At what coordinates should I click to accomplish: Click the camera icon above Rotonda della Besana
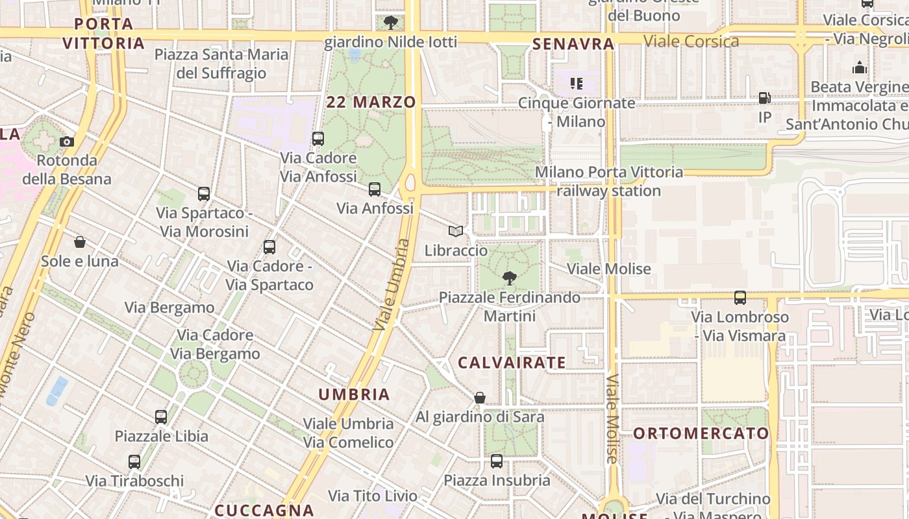[x=66, y=141]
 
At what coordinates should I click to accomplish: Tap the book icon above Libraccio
[x=456, y=231]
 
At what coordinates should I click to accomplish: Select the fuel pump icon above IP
[x=765, y=98]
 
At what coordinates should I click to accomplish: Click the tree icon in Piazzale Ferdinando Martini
[x=510, y=278]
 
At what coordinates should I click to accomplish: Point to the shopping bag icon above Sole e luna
[x=80, y=242]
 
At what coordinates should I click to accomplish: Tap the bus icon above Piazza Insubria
[x=497, y=461]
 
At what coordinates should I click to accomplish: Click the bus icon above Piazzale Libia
[x=161, y=416]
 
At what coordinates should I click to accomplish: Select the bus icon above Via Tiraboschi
[x=134, y=461]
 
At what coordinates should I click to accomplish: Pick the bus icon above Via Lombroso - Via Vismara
[x=740, y=298]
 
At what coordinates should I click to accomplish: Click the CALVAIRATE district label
[x=512, y=363]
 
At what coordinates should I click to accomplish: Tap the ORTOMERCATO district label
[x=701, y=433]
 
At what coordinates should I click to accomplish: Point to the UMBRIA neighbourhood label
[x=354, y=394]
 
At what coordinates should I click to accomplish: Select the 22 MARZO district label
[x=371, y=102]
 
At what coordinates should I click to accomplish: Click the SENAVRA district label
[x=573, y=44]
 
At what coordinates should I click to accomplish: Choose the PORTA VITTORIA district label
[x=103, y=34]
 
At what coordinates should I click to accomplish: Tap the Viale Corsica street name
[x=691, y=42]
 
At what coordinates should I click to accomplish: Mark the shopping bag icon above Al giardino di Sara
[x=480, y=397]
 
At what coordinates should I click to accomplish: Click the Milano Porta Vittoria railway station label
[x=608, y=181]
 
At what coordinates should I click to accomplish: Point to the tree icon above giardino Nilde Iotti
[x=390, y=23]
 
